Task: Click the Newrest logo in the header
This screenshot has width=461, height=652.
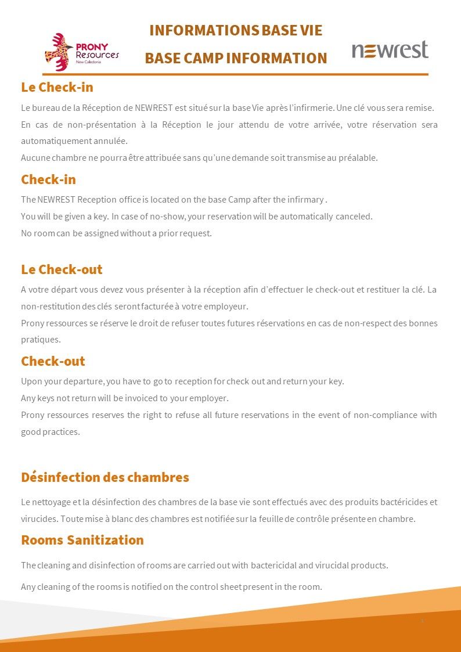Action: click(390, 50)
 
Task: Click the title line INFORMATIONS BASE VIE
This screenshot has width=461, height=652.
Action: click(236, 30)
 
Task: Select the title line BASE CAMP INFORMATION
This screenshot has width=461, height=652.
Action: click(236, 58)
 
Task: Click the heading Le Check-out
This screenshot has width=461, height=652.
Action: click(62, 269)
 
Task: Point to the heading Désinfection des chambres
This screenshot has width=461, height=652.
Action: click(105, 477)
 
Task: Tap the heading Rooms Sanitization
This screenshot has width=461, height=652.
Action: click(82, 540)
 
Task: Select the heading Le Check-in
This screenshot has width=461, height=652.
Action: click(57, 87)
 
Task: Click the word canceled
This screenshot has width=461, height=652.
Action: click(354, 217)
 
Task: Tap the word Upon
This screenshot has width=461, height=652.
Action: click(31, 381)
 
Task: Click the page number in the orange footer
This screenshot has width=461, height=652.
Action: click(422, 621)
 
